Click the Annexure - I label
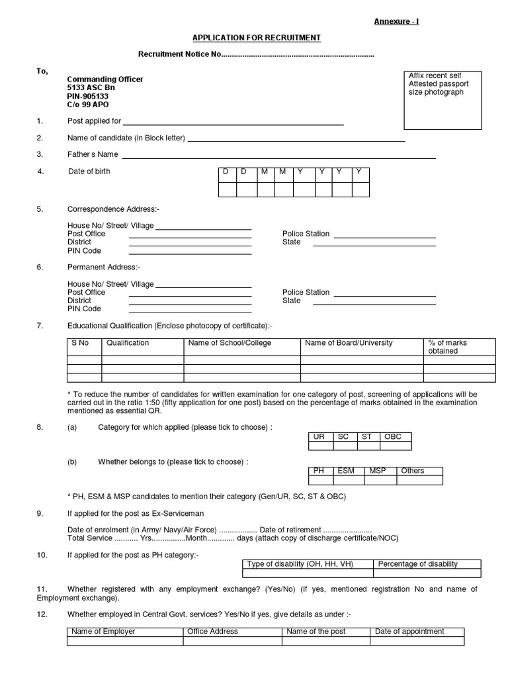[x=397, y=22]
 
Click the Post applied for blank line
[x=233, y=121]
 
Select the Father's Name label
[x=93, y=154]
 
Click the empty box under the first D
[x=228, y=189]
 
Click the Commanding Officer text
[x=105, y=79]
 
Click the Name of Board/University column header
[x=349, y=343]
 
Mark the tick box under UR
[x=321, y=446]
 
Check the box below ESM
[x=349, y=480]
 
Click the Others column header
[x=412, y=471]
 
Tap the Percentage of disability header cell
[x=417, y=564]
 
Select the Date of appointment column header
[x=409, y=632]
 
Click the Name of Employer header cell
[x=103, y=632]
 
